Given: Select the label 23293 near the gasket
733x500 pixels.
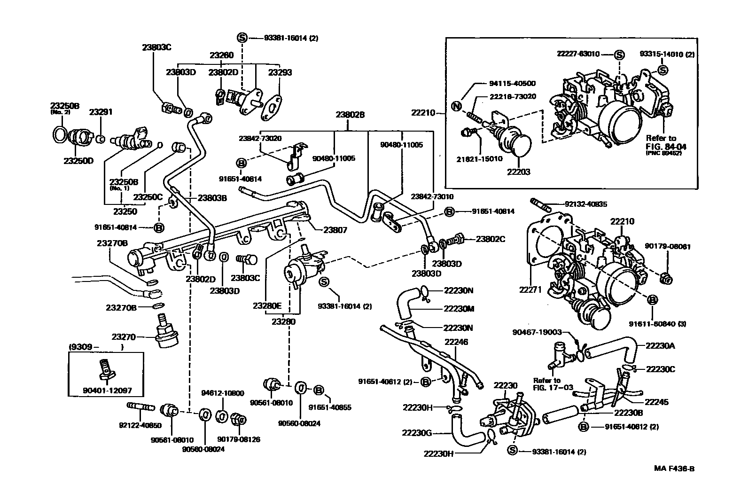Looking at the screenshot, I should click(280, 72).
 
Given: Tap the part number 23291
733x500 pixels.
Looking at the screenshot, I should click(101, 112).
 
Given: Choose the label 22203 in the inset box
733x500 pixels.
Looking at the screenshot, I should click(518, 172).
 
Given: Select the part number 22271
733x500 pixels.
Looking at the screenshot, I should click(530, 290).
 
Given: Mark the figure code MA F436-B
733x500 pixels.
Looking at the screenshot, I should click(674, 469).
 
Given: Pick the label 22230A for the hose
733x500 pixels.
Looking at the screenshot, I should click(660, 345).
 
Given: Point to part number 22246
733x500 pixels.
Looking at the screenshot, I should click(455, 342).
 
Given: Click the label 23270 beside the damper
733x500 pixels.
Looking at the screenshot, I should click(124, 336).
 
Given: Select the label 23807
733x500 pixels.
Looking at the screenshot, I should click(335, 230).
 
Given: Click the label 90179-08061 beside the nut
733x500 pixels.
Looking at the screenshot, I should click(667, 246).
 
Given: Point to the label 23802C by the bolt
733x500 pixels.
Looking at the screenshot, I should click(490, 239).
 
